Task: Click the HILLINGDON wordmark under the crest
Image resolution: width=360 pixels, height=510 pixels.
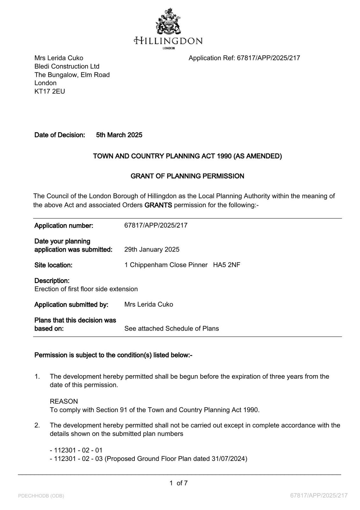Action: [x=168, y=41]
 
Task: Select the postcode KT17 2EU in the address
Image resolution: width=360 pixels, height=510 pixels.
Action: [x=50, y=91]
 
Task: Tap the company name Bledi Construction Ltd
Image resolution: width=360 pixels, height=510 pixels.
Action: [x=67, y=66]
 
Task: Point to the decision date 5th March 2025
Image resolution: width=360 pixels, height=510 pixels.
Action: [x=119, y=135]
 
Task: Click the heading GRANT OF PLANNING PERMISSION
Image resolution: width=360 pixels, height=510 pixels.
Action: [x=187, y=176]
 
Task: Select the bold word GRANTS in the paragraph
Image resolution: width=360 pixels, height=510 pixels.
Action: [x=158, y=205]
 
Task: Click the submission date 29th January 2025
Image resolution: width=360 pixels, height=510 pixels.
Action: [x=152, y=249]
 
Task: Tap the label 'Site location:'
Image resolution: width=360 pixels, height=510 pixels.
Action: [x=53, y=265]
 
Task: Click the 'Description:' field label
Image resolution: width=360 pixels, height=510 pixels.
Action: [x=52, y=281]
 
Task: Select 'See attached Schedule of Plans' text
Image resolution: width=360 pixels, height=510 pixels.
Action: [x=171, y=328]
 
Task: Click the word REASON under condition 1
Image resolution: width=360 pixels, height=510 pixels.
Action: [x=64, y=401]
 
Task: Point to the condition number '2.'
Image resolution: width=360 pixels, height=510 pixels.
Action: [x=37, y=425]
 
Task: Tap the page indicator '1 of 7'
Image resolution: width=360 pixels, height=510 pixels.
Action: [x=179, y=483]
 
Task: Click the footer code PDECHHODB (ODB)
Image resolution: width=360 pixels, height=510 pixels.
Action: [x=41, y=496]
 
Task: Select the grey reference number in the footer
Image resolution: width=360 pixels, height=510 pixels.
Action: [x=319, y=495]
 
